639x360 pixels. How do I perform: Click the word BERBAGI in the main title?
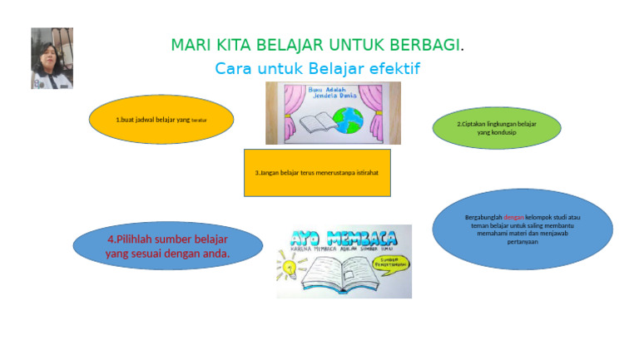pos(424,44)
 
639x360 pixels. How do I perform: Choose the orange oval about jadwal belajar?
pos(161,120)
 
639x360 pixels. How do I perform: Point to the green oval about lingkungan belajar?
pos(497,128)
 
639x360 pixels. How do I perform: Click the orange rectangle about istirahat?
pos(317,173)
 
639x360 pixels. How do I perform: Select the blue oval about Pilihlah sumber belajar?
pos(167,246)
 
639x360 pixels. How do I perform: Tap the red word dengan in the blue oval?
pos(515,219)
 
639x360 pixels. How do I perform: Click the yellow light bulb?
pos(289,269)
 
